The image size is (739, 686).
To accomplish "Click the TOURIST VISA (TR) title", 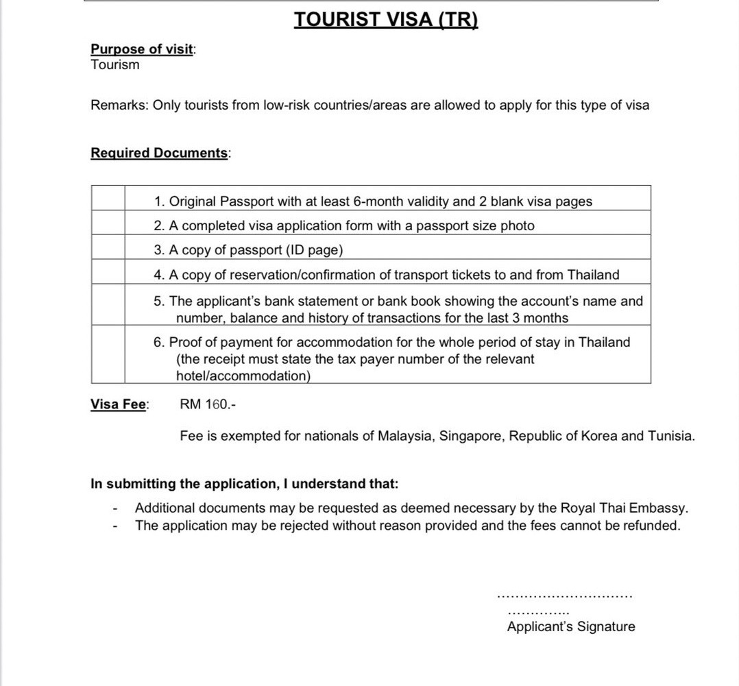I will tap(386, 19).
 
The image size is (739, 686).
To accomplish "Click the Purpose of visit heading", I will tap(142, 49).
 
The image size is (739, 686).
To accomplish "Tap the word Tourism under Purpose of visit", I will tap(114, 65).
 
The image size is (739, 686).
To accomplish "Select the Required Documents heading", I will tap(159, 153).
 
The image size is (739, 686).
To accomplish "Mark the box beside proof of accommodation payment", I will tap(108, 354).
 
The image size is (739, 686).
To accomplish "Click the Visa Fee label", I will tap(119, 404).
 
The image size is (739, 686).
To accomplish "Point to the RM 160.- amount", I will tap(208, 404).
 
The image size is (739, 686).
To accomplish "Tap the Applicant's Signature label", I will tap(571, 626).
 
